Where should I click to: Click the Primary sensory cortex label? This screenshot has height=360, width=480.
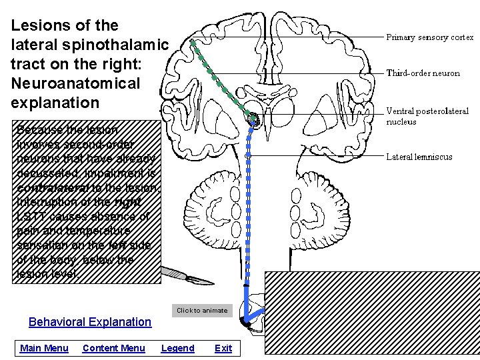[x=430, y=37]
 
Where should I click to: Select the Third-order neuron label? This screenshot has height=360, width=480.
[x=423, y=73]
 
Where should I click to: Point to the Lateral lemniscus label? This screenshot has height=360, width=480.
[x=419, y=157]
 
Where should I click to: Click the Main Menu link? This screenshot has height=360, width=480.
[x=44, y=348]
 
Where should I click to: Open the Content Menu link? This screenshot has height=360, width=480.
[x=113, y=348]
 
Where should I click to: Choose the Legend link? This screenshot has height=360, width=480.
[x=178, y=348]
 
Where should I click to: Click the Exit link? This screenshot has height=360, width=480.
[x=223, y=348]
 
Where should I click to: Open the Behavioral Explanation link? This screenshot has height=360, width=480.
[x=90, y=322]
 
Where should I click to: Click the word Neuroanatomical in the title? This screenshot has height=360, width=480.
[x=75, y=83]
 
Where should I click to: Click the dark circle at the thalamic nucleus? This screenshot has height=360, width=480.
[x=253, y=119]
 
